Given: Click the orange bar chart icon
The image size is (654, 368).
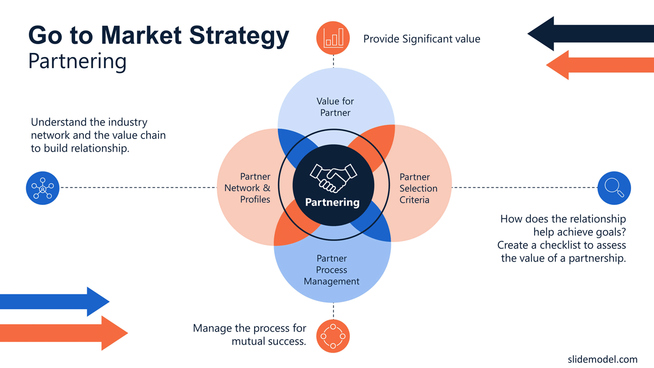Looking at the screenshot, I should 333,38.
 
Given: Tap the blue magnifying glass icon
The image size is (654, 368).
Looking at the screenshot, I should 614,188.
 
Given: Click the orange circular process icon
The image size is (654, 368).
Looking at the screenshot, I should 333,336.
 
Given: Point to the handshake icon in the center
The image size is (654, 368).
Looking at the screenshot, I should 333,177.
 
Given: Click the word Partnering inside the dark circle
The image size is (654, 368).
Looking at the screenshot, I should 332,202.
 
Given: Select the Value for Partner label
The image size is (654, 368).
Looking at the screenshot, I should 335,107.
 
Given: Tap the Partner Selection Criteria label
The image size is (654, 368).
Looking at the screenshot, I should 418,189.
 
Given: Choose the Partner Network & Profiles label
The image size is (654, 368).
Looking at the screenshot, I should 248,189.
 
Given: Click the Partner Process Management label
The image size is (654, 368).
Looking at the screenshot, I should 332,270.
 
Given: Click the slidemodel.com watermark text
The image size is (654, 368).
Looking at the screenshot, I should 602,359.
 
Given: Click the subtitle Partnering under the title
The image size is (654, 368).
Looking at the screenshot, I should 77,61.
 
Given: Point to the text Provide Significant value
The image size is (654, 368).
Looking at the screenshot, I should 422,39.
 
